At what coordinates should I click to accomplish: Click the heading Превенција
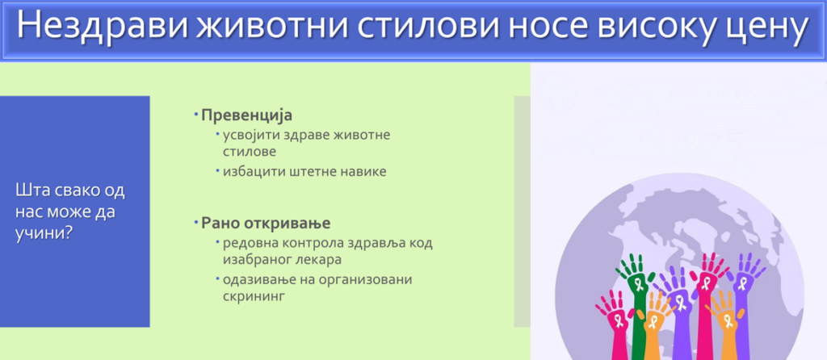pyautogui.click(x=247, y=115)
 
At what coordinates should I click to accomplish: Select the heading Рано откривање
pyautogui.click(x=266, y=223)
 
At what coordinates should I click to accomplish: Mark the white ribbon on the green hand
pyautogui.click(x=639, y=285)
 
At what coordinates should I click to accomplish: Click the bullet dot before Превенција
pyautogui.click(x=196, y=114)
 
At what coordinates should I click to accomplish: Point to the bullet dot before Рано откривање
pyautogui.click(x=196, y=221)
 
